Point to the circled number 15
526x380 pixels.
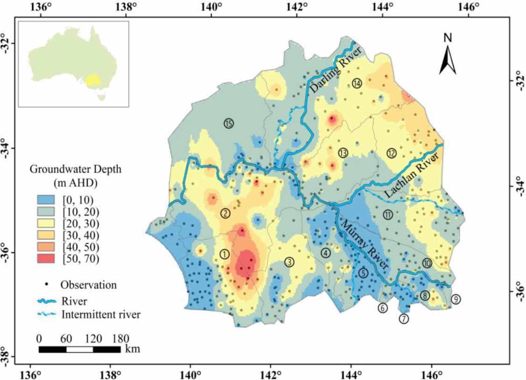(228, 124)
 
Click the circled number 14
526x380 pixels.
(358, 83)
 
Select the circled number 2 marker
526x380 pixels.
(225, 213)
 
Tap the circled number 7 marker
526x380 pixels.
(404, 319)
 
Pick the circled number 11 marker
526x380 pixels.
(388, 215)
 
